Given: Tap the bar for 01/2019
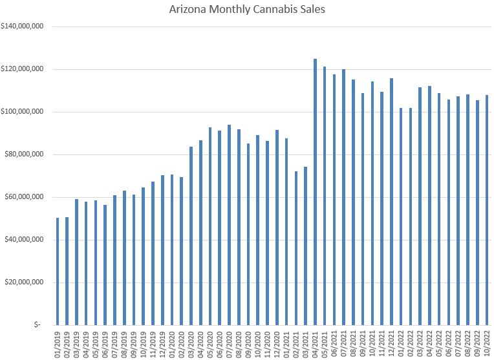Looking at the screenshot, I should [58, 271].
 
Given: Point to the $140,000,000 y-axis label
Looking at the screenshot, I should [23, 26].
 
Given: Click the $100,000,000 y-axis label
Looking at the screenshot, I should [23, 112].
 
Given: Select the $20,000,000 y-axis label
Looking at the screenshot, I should [25, 282].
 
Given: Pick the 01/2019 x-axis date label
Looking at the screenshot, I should [58, 343].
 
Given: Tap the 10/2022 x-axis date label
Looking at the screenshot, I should [488, 343].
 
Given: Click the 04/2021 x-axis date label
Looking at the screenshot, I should [316, 343].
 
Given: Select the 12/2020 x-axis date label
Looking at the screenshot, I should [277, 343].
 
